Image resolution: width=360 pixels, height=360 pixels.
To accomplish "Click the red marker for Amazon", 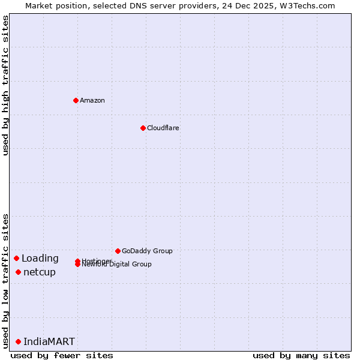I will (x=76, y=100).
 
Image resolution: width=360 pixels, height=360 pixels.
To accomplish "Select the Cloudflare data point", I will (x=143, y=128).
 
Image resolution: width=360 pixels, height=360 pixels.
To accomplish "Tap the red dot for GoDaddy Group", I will (x=118, y=251).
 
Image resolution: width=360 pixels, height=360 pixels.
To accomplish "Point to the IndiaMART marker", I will (x=18, y=341).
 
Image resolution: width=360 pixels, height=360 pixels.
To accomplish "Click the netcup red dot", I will (x=18, y=272).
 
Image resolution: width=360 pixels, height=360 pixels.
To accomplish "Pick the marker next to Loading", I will (x=16, y=258).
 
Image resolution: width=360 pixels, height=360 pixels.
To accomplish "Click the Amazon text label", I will (x=92, y=100).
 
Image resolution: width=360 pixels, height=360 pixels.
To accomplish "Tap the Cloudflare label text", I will (x=163, y=128).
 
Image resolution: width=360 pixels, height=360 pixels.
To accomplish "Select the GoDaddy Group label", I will (x=146, y=251).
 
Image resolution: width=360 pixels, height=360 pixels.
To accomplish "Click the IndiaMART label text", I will (x=49, y=341).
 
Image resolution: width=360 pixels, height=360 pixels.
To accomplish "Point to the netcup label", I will (x=40, y=272).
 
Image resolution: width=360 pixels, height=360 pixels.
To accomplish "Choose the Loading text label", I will (x=40, y=259).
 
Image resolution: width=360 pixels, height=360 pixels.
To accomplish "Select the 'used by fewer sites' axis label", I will (x=62, y=355).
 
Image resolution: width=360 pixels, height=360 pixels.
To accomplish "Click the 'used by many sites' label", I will (x=301, y=355).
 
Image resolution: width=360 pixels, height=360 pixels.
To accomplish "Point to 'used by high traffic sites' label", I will (x=5, y=85).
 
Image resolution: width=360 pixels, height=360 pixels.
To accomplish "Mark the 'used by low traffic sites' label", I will (x=5, y=280).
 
